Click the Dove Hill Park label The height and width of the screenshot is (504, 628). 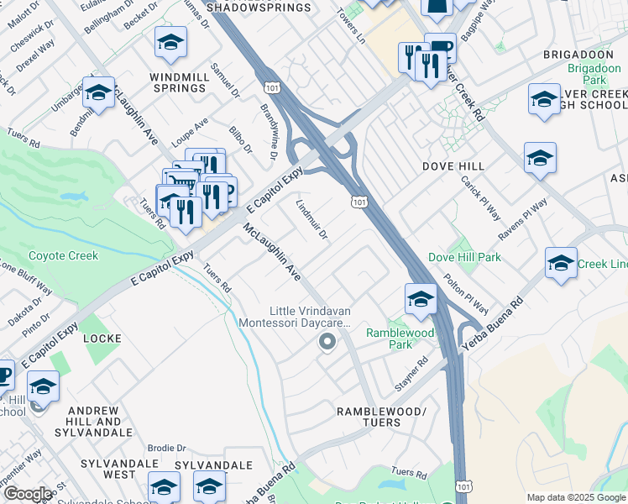(464, 257)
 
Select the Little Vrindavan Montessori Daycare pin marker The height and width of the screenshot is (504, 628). (327, 342)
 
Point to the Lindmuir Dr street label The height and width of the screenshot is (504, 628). (311, 218)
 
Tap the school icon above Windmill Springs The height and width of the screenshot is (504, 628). (171, 44)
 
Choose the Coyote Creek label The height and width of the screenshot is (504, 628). (63, 255)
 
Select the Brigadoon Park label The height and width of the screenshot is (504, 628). (586, 74)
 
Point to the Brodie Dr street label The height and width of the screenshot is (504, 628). (166, 449)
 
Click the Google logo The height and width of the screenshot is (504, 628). (28, 494)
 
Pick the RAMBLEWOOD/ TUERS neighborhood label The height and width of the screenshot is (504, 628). (381, 417)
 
